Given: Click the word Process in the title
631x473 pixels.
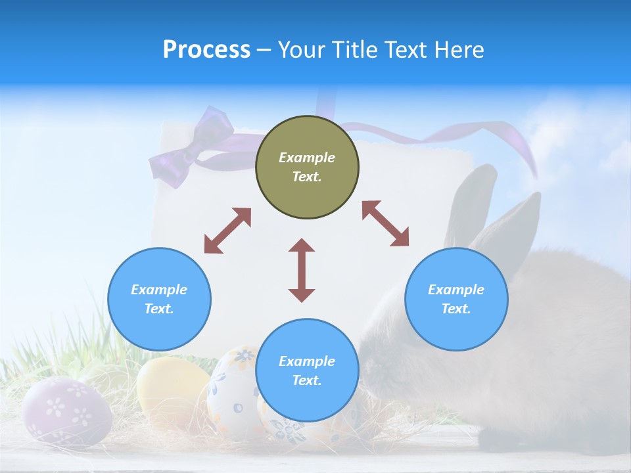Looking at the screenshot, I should pos(206,50).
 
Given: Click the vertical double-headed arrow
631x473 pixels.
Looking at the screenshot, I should pos(302,270).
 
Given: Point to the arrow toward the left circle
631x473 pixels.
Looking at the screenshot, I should pos(227,231).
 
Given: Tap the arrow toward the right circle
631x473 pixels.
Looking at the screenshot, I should pos(385,223).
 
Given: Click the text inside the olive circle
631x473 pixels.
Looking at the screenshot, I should pos(307,167).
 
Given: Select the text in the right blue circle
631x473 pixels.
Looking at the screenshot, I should pos(456,299).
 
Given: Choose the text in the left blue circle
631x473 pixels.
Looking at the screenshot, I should pos(159,299).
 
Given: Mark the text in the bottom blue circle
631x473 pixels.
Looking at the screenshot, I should pos(307,371).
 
